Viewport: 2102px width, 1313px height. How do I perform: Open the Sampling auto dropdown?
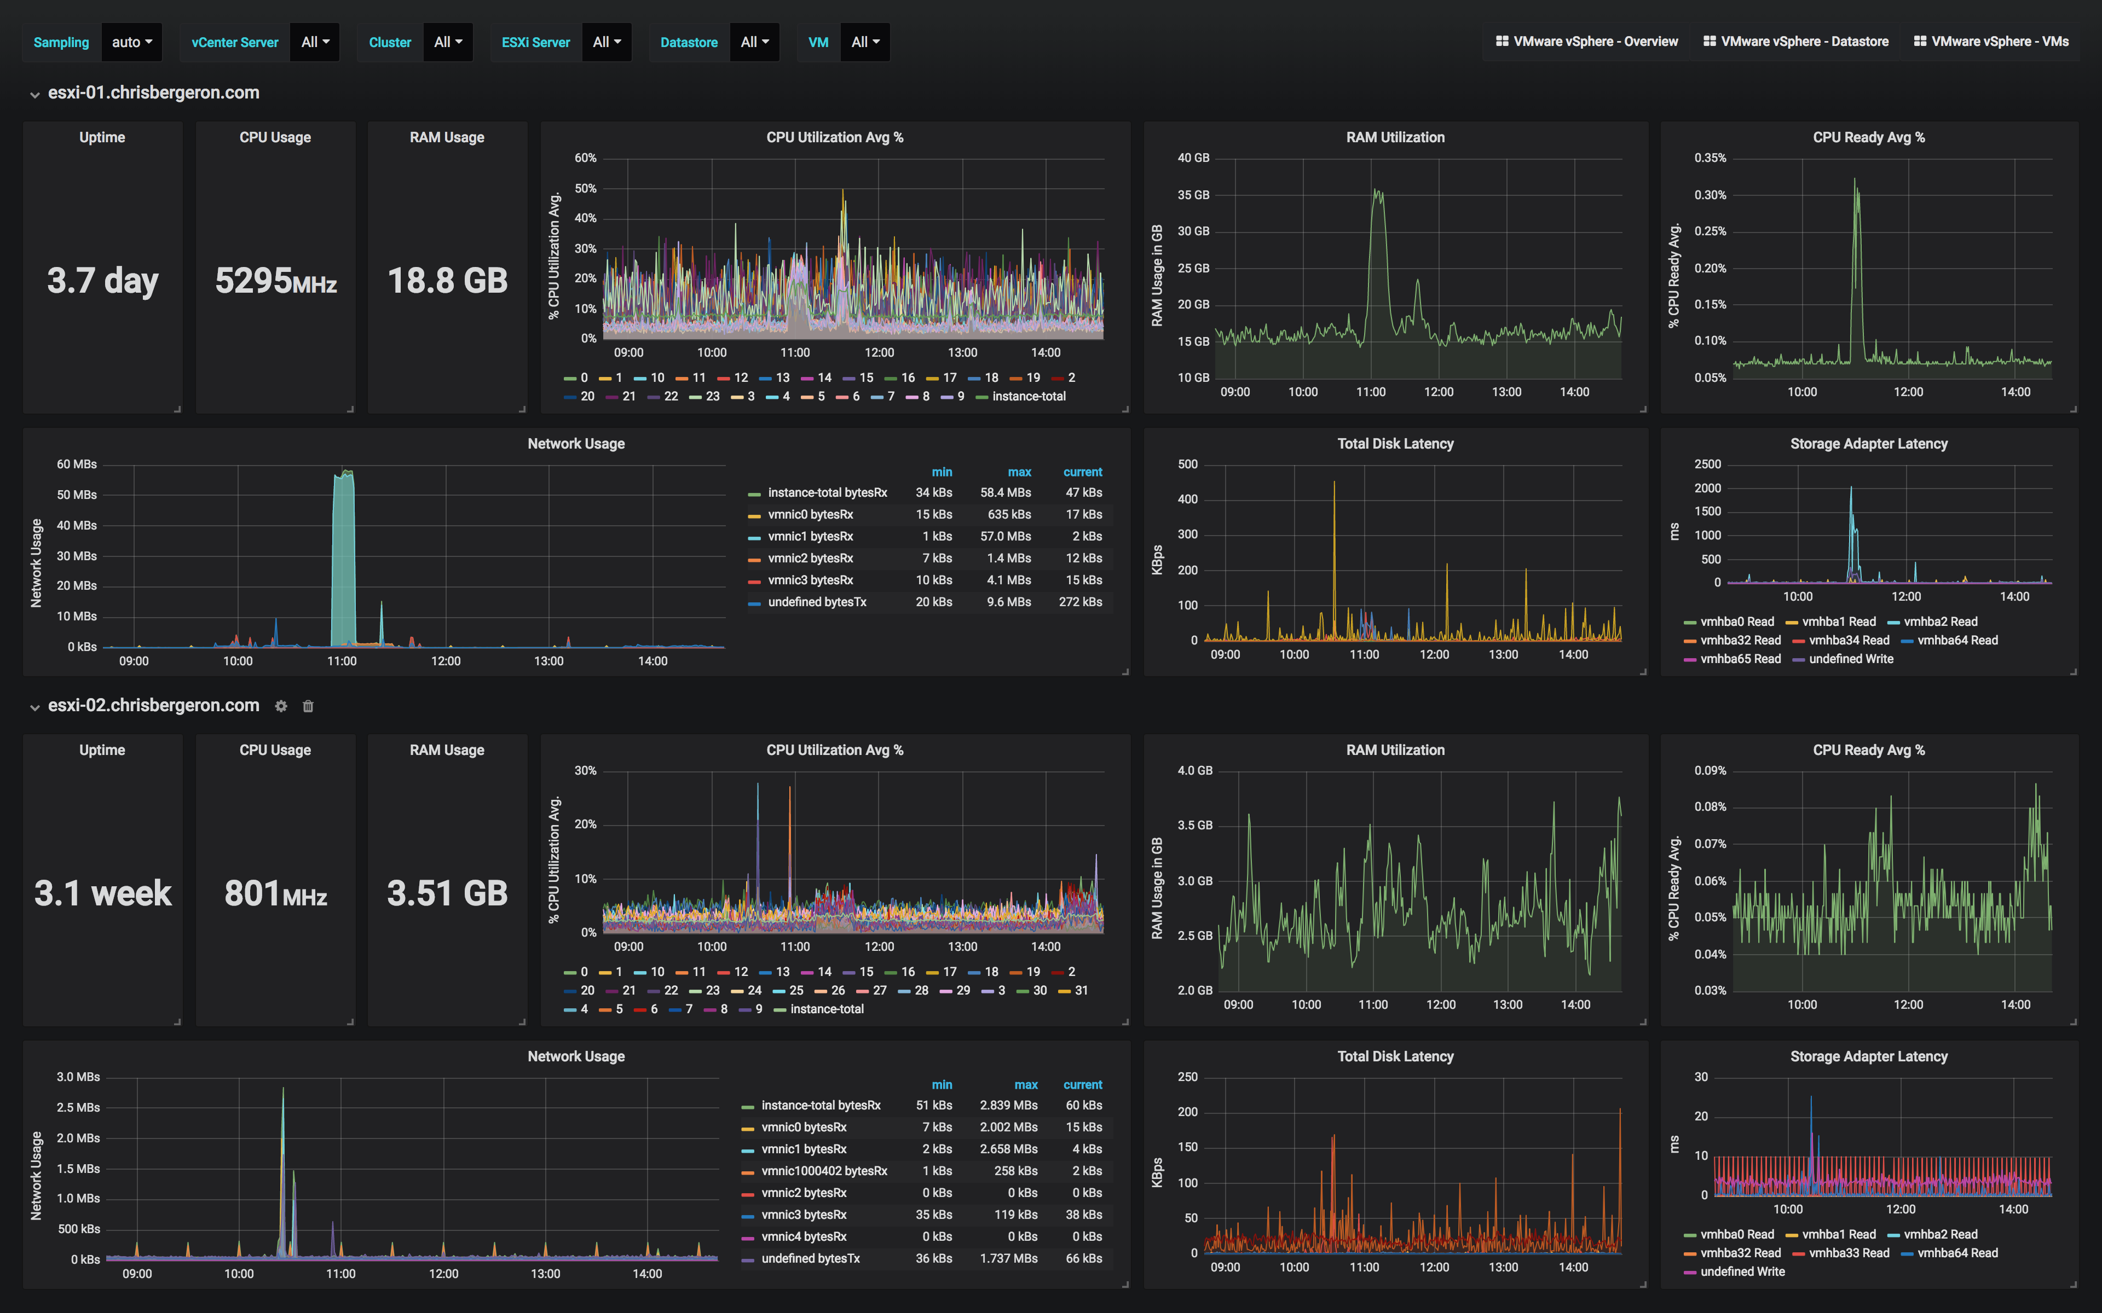click(x=131, y=42)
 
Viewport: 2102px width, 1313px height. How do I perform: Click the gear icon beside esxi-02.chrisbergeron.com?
click(x=281, y=706)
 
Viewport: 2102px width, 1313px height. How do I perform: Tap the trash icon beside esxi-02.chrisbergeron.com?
click(x=308, y=706)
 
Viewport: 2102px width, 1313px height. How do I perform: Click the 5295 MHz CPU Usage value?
click(x=275, y=281)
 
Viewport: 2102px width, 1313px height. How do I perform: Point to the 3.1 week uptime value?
click(x=102, y=893)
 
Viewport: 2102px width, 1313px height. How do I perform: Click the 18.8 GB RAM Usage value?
click(x=447, y=281)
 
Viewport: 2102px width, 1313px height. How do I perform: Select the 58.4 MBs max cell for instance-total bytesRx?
click(x=1005, y=492)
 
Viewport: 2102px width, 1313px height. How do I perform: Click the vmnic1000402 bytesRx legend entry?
click(x=823, y=1171)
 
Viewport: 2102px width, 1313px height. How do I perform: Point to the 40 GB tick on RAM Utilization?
click(x=1193, y=158)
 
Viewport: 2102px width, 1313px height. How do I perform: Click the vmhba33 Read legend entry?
click(x=1849, y=1253)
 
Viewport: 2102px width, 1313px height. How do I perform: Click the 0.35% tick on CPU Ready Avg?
click(x=1710, y=158)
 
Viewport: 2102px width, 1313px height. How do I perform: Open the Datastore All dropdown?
click(x=754, y=42)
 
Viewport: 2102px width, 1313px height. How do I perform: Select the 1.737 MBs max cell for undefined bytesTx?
click(x=1008, y=1258)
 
